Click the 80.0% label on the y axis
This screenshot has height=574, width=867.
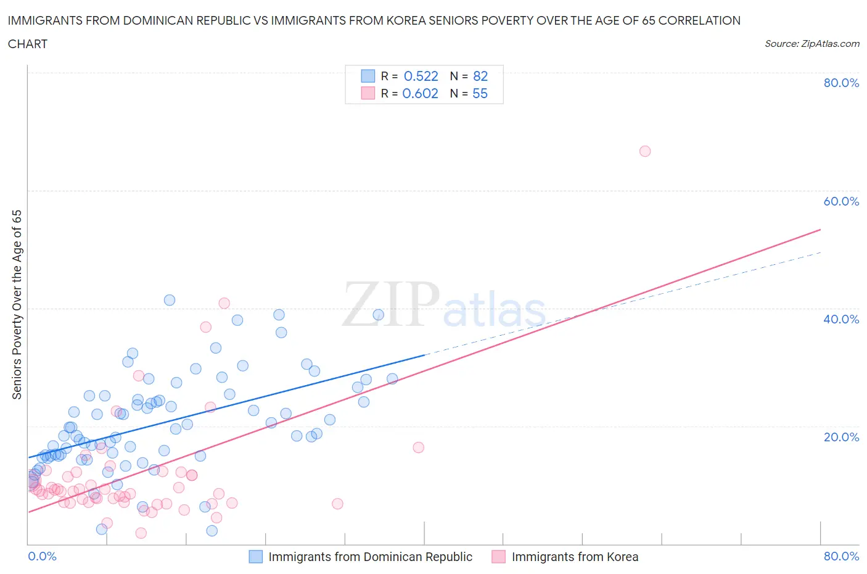tap(841, 83)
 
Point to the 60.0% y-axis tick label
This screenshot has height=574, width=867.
tap(841, 201)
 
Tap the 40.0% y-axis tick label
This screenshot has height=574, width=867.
tap(841, 319)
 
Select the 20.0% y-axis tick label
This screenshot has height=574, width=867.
tap(841, 437)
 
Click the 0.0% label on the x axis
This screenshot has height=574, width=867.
tap(42, 556)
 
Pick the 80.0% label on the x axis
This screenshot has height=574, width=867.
tap(841, 556)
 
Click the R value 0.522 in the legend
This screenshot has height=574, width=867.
tap(421, 76)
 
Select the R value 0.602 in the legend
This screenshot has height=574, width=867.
tap(421, 93)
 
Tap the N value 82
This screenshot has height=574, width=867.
tap(480, 76)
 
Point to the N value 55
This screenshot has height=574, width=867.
tap(480, 93)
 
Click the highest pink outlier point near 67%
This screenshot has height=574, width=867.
tap(645, 151)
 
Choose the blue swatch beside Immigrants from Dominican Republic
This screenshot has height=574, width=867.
tap(256, 557)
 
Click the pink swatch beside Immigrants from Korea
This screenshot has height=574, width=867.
tap(498, 557)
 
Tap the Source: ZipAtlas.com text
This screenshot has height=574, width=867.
tap(812, 44)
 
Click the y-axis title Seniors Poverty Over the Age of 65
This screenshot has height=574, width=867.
tap(17, 305)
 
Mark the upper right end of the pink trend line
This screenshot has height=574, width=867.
tap(820, 230)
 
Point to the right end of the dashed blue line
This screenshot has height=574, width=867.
tap(820, 252)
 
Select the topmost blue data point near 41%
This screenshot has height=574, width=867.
tap(170, 300)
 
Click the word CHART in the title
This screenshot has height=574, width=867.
tap(28, 44)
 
